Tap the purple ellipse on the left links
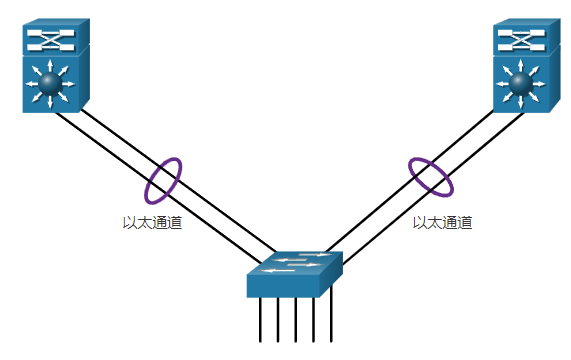click(164, 180)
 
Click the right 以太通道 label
click(443, 223)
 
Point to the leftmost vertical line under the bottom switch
click(260, 320)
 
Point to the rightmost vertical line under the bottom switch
click(331, 320)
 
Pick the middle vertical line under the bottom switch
click(296, 320)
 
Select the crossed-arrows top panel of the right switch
click(520, 40)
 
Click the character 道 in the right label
click(466, 223)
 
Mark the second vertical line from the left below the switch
click(278, 320)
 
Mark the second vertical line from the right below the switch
click(314, 320)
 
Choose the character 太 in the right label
click(435, 223)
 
